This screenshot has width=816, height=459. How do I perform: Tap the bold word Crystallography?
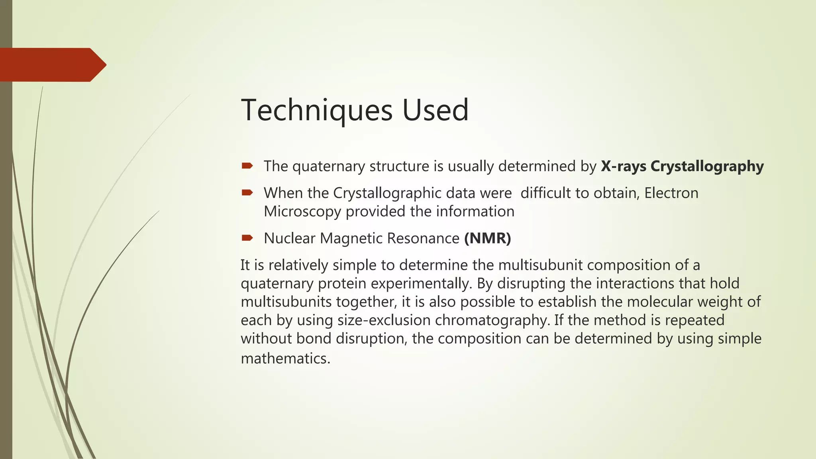tap(707, 166)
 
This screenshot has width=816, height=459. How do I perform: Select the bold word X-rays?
tap(624, 166)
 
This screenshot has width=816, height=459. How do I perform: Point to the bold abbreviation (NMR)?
tap(487, 238)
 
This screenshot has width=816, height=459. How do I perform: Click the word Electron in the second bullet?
tap(671, 193)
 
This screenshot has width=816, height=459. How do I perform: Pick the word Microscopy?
tap(302, 212)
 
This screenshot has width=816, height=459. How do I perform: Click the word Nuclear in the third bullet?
tap(290, 238)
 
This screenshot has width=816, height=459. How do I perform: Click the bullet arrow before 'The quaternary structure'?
tap(247, 166)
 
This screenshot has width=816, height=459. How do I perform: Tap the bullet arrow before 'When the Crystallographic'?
tap(247, 193)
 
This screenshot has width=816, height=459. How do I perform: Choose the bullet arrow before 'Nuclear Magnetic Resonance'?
tap(247, 238)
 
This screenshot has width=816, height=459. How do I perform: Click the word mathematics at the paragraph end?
tap(285, 359)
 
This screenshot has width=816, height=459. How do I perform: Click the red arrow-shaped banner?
tap(52, 65)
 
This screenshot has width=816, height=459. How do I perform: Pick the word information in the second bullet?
tap(475, 212)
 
